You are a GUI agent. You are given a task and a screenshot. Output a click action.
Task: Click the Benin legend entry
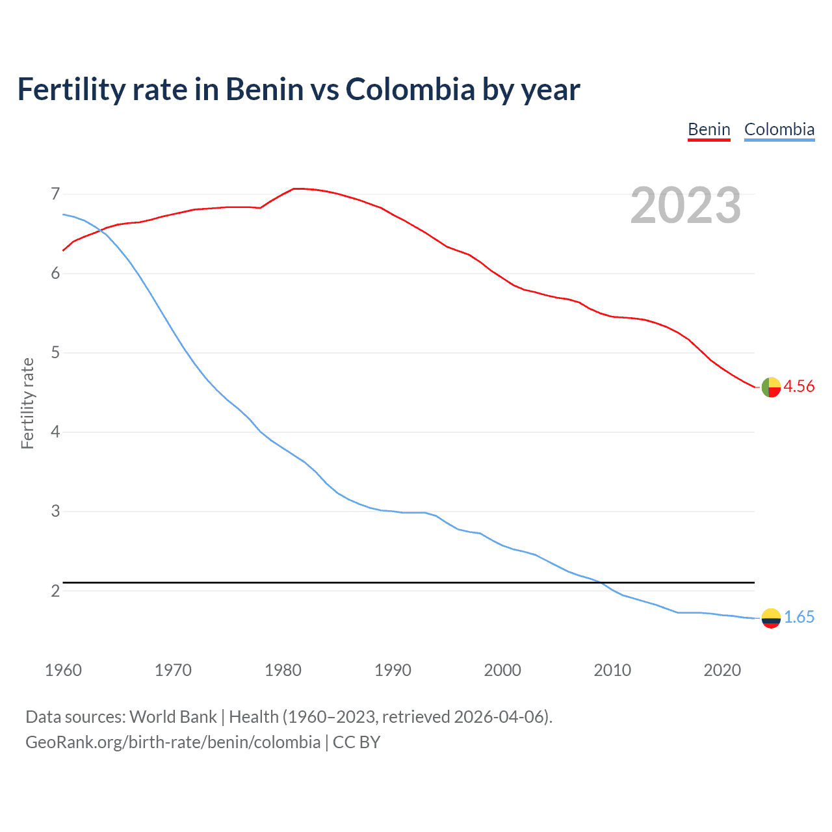(x=709, y=129)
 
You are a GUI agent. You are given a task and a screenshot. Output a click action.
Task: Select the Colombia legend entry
(x=779, y=129)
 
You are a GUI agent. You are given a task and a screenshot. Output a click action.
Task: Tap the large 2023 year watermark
(x=685, y=205)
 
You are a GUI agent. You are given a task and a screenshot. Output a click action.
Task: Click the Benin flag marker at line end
(x=771, y=387)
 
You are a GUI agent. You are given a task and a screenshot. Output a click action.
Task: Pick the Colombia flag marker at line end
(x=771, y=618)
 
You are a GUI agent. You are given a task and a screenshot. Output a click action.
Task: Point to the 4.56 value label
(x=799, y=386)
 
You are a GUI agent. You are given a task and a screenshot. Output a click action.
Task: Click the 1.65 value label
(x=799, y=617)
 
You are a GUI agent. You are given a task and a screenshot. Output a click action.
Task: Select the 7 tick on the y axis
(x=55, y=194)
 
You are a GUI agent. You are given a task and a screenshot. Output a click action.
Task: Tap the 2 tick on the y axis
(x=55, y=591)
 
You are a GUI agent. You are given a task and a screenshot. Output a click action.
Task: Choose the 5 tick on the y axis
(x=55, y=353)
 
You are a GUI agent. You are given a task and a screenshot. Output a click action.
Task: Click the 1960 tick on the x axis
(x=63, y=670)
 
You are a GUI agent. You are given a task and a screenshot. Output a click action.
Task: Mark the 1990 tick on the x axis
(x=393, y=670)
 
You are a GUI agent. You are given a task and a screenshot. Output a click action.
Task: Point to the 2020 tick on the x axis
(x=722, y=670)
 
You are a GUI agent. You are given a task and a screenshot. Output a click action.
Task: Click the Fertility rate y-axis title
(x=27, y=403)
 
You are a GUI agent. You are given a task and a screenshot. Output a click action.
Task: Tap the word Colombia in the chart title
(x=410, y=89)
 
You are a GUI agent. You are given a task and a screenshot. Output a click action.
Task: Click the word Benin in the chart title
(x=264, y=89)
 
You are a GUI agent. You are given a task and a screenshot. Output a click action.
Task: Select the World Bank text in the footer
(x=173, y=717)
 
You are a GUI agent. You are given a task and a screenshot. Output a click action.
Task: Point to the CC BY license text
(x=356, y=742)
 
